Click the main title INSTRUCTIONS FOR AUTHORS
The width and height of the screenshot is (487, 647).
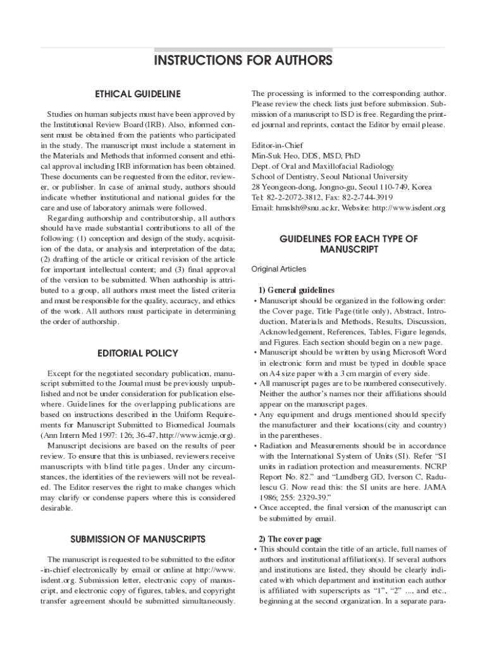243,61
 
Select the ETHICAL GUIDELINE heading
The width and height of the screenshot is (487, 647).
137,94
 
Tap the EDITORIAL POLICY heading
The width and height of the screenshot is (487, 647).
137,353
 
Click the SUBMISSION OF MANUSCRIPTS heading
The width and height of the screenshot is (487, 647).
137,539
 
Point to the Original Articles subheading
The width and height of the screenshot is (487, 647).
279,269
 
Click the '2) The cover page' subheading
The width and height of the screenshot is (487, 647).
290,539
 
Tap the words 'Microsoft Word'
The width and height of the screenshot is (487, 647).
417,353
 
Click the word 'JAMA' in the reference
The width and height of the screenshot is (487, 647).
433,487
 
